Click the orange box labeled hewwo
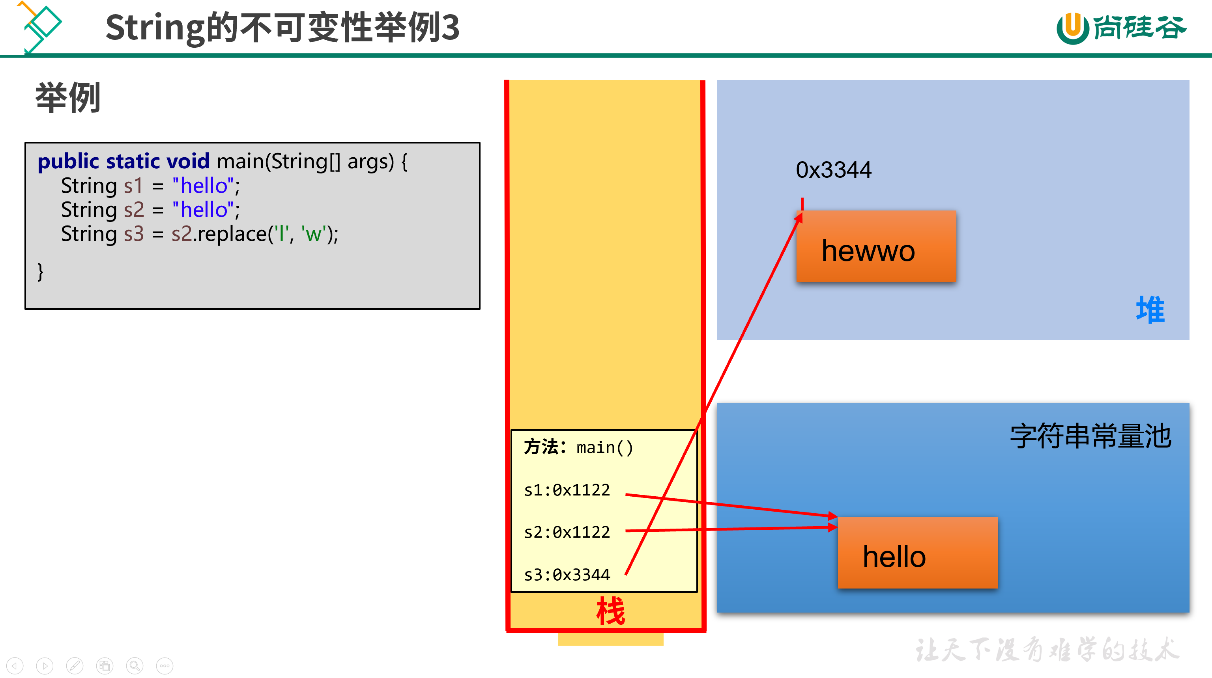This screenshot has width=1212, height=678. [x=876, y=246]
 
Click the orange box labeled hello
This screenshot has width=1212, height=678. [x=917, y=553]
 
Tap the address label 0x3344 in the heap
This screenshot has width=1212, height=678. [x=833, y=170]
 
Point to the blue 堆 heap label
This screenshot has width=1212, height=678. [x=1150, y=310]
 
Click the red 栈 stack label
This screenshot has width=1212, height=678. [x=610, y=611]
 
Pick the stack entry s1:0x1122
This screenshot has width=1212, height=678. [x=567, y=490]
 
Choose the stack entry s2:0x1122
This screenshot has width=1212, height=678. [x=567, y=532]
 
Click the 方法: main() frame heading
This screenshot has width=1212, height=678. [x=578, y=447]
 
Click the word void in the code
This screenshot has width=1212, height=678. [x=188, y=161]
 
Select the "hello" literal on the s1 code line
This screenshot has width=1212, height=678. [x=203, y=186]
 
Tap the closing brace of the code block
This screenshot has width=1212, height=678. [x=41, y=272]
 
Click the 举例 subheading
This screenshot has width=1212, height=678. [x=68, y=98]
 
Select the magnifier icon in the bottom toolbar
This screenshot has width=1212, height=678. [x=135, y=666]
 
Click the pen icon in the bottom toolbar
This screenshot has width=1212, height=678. [x=75, y=666]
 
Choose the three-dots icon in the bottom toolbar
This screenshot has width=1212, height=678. [x=165, y=666]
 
